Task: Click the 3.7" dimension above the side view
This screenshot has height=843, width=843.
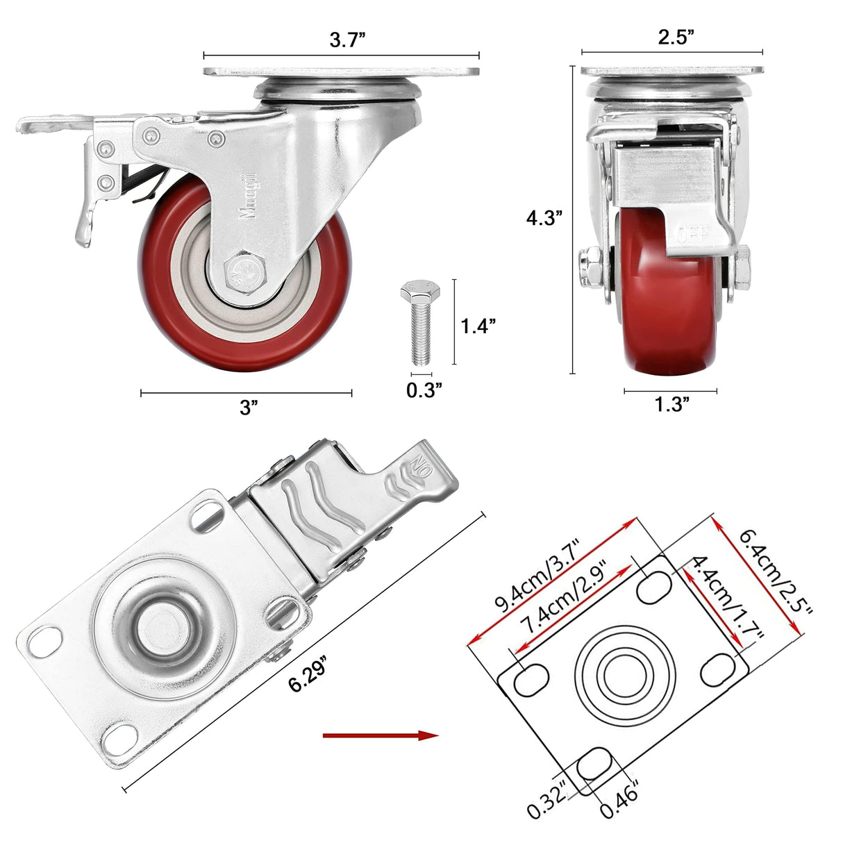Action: coord(347,40)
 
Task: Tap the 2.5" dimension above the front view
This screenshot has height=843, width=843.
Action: coord(676,37)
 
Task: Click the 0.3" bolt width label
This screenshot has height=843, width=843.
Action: coord(424,390)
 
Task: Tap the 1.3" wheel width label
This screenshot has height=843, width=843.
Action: coord(671,405)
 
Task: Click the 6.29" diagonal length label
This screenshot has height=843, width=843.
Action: coord(308,674)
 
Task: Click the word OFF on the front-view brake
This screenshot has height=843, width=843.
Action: coord(694,233)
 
